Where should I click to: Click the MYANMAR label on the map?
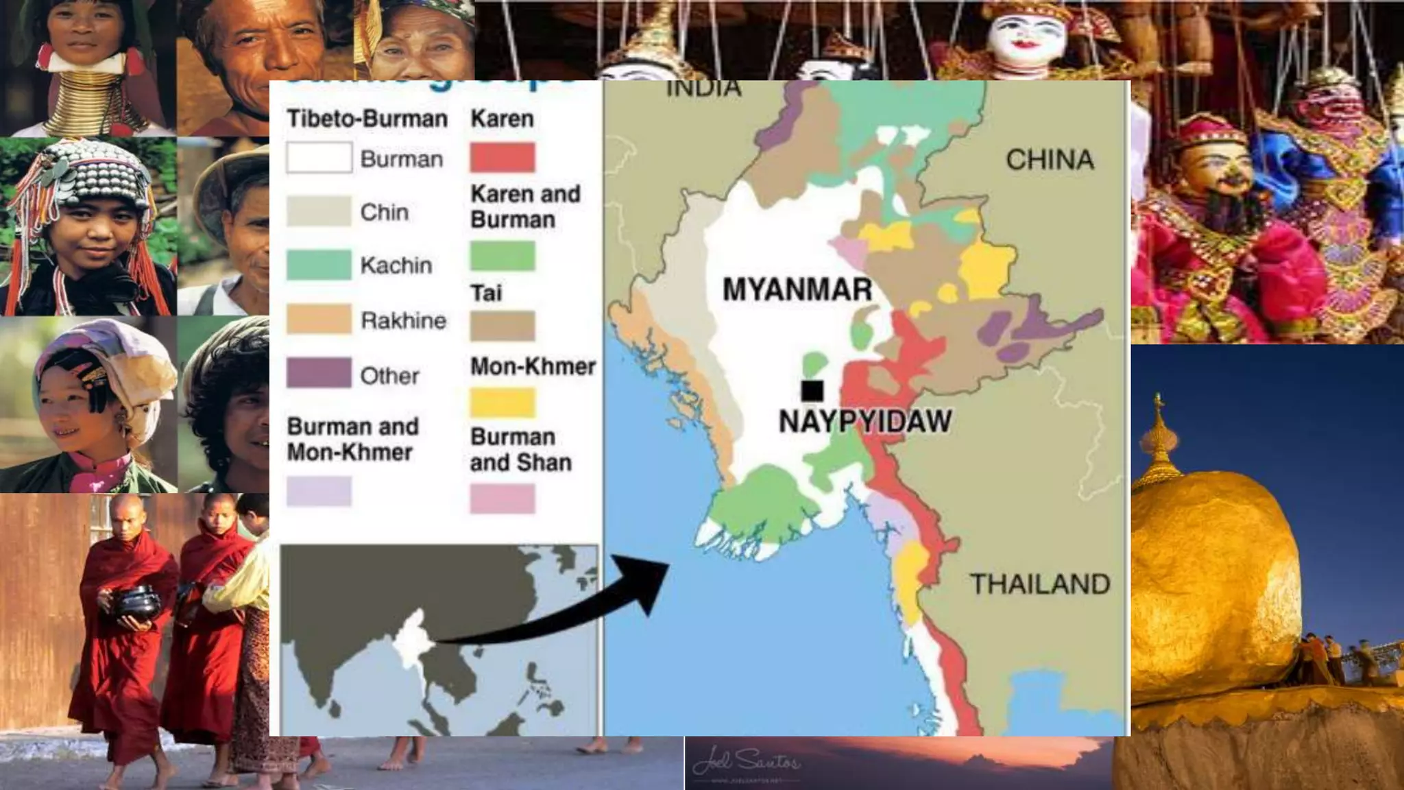point(797,289)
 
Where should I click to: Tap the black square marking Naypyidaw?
point(812,390)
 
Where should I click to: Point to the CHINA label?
point(1050,160)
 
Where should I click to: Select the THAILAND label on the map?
point(1040,584)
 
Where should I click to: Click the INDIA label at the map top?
point(704,89)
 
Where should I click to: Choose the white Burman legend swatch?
point(319,158)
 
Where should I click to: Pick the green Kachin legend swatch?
point(319,265)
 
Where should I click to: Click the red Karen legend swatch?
point(503,158)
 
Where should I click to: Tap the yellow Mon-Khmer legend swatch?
point(503,403)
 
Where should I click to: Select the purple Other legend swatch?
point(319,374)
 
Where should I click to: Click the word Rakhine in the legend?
point(403,320)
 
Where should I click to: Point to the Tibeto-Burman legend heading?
point(367,119)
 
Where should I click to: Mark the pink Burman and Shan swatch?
point(503,499)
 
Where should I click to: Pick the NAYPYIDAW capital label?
point(865,421)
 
